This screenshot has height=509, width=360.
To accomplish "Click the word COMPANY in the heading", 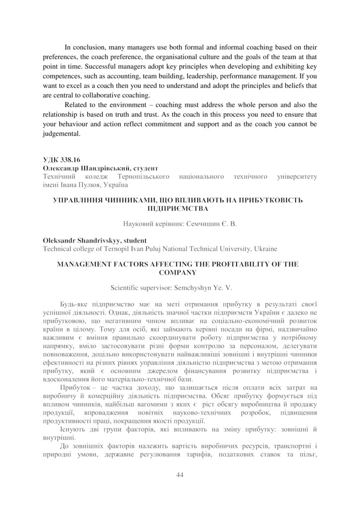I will pyautogui.click(x=180, y=272).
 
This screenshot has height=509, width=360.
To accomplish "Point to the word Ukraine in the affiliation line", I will pyautogui.click(x=266, y=248).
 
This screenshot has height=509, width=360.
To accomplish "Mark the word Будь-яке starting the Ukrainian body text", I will pyautogui.click(x=73, y=304).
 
